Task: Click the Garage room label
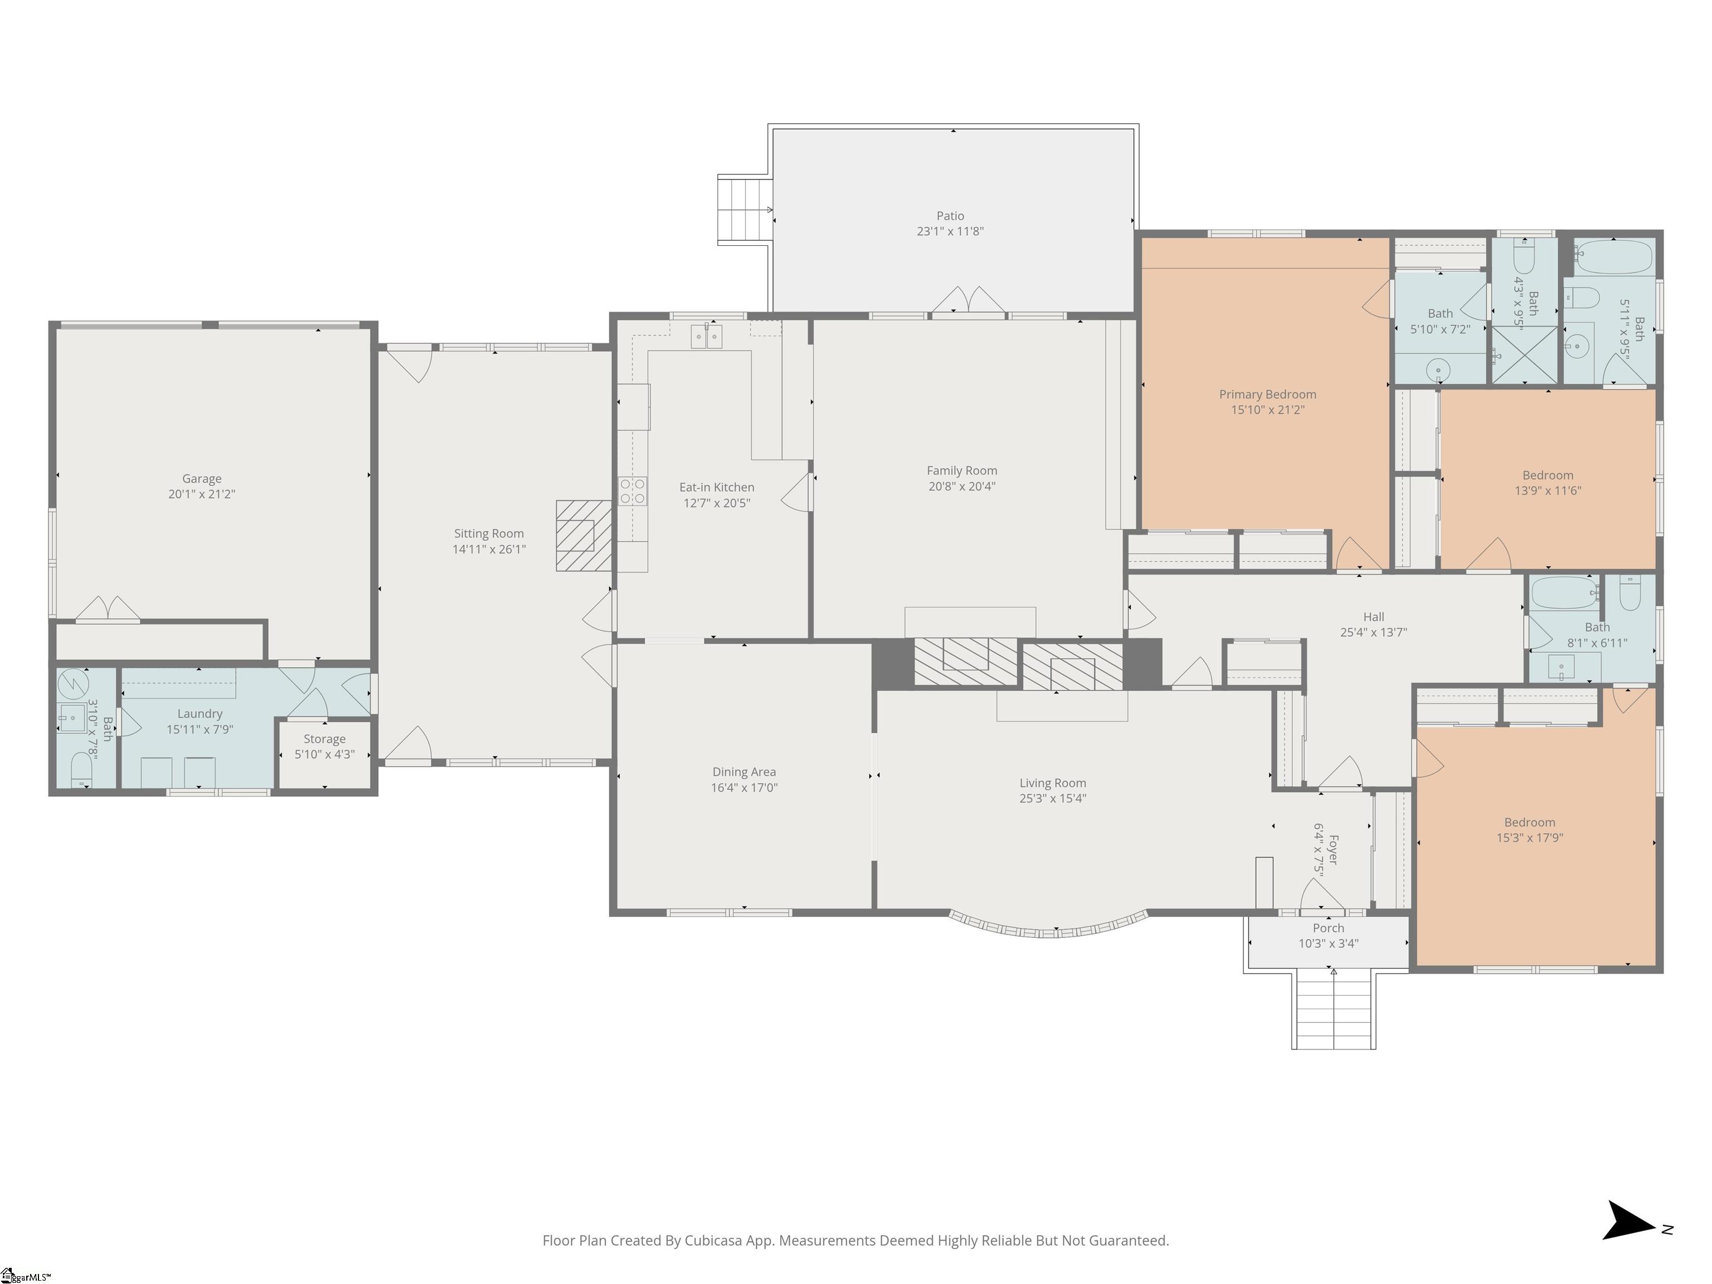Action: pyautogui.click(x=201, y=478)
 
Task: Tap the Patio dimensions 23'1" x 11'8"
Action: pyautogui.click(x=950, y=231)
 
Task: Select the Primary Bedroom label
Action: pyautogui.click(x=1268, y=394)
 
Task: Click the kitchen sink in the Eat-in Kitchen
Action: pyautogui.click(x=706, y=337)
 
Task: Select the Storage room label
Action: pyautogui.click(x=324, y=738)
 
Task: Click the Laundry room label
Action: pyautogui.click(x=200, y=713)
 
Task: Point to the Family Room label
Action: pyautogui.click(x=962, y=470)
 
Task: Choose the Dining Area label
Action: pyautogui.click(x=744, y=772)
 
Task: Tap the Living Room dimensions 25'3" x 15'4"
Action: pyautogui.click(x=1053, y=798)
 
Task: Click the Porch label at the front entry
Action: pyautogui.click(x=1328, y=928)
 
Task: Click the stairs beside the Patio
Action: pyautogui.click(x=745, y=210)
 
